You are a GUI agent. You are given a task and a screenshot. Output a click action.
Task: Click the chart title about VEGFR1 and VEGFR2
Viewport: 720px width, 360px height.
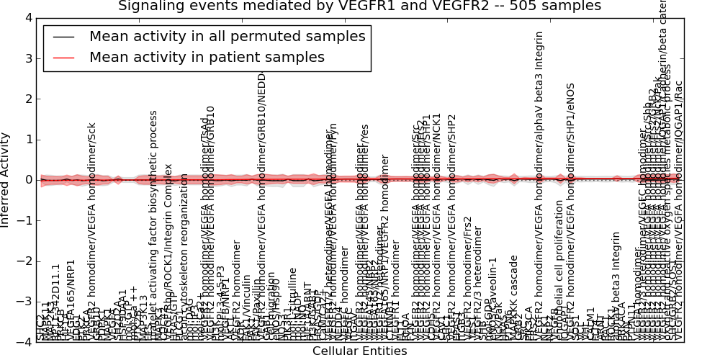click(x=359, y=6)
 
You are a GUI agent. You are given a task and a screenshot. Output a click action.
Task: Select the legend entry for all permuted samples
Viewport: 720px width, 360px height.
click(x=228, y=36)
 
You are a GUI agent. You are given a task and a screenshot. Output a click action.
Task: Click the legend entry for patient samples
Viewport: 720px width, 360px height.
click(x=207, y=57)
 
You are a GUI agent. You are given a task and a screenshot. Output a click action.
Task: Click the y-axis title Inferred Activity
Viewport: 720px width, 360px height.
click(x=6, y=180)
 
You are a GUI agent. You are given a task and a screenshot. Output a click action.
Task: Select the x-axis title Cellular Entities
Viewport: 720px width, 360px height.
click(x=359, y=351)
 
